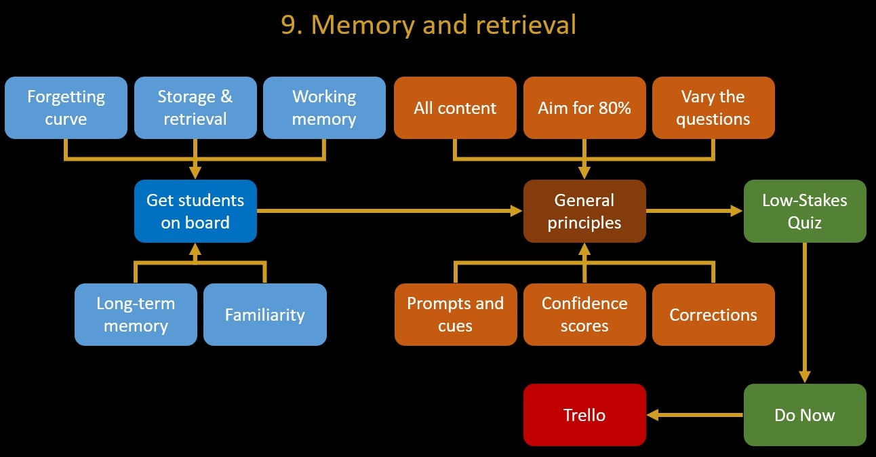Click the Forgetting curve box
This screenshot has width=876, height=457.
point(66,108)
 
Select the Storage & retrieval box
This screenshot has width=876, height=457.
point(195,108)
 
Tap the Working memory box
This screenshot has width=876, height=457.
point(324,108)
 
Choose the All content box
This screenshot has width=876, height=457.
point(455,108)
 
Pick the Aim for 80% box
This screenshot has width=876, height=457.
point(584,108)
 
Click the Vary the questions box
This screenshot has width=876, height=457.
point(713,108)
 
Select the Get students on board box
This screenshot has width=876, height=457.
point(195,211)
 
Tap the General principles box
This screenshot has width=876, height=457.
point(584,211)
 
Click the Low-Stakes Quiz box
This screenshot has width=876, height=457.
point(805,211)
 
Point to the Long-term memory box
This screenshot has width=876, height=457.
point(136,315)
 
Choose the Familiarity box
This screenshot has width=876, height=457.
point(265,315)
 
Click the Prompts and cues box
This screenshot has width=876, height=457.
point(456,315)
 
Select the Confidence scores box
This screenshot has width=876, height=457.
point(584,315)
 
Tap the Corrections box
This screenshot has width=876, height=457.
point(713,315)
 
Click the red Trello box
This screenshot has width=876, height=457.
point(584,415)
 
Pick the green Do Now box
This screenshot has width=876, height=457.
point(805,415)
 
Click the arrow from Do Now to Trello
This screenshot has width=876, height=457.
point(695,415)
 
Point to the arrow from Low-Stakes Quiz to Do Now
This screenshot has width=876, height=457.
point(805,313)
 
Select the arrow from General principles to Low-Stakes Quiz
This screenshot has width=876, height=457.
point(694,211)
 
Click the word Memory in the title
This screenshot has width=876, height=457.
point(363,25)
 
